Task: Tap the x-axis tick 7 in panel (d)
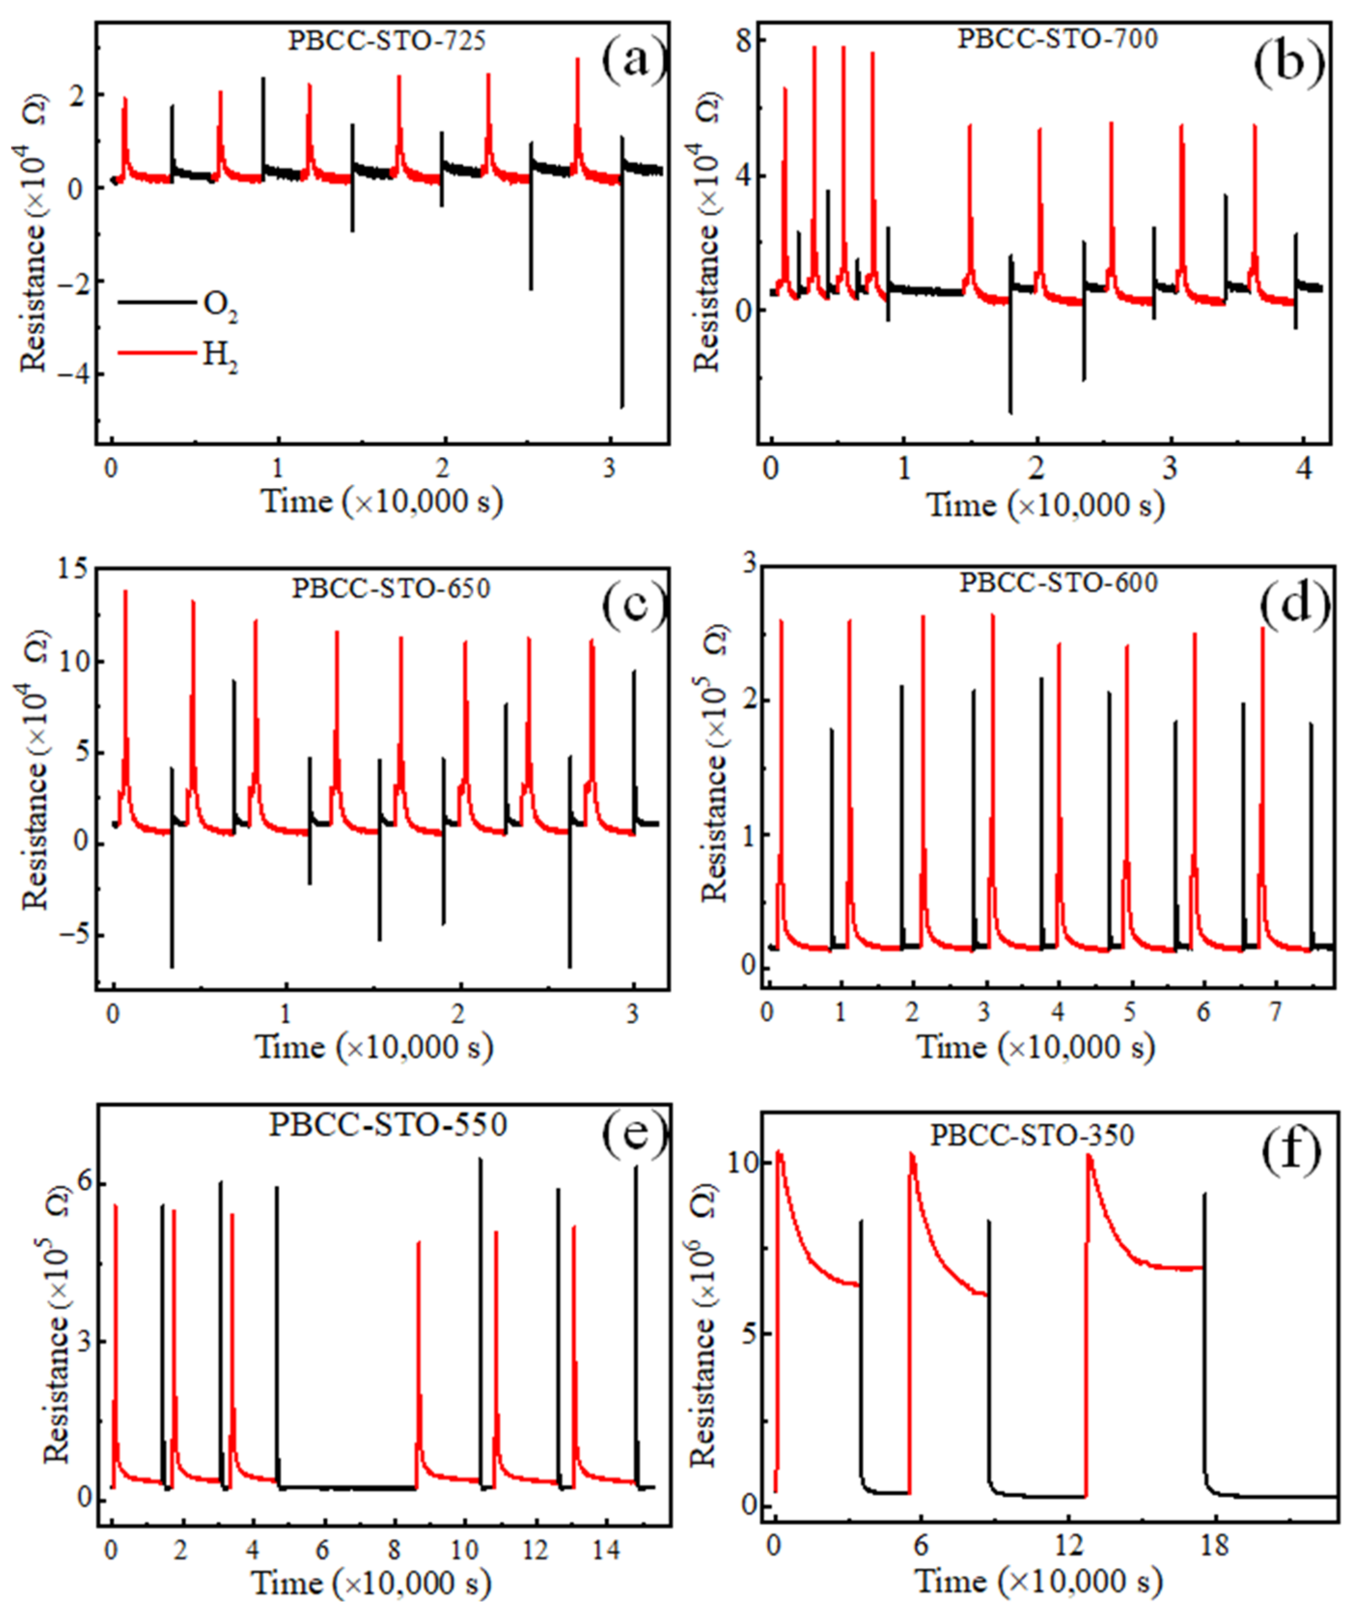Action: [1275, 1011]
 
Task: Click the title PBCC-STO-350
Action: [1032, 1135]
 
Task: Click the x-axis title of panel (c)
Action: [374, 1047]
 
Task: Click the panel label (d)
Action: [1294, 603]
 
